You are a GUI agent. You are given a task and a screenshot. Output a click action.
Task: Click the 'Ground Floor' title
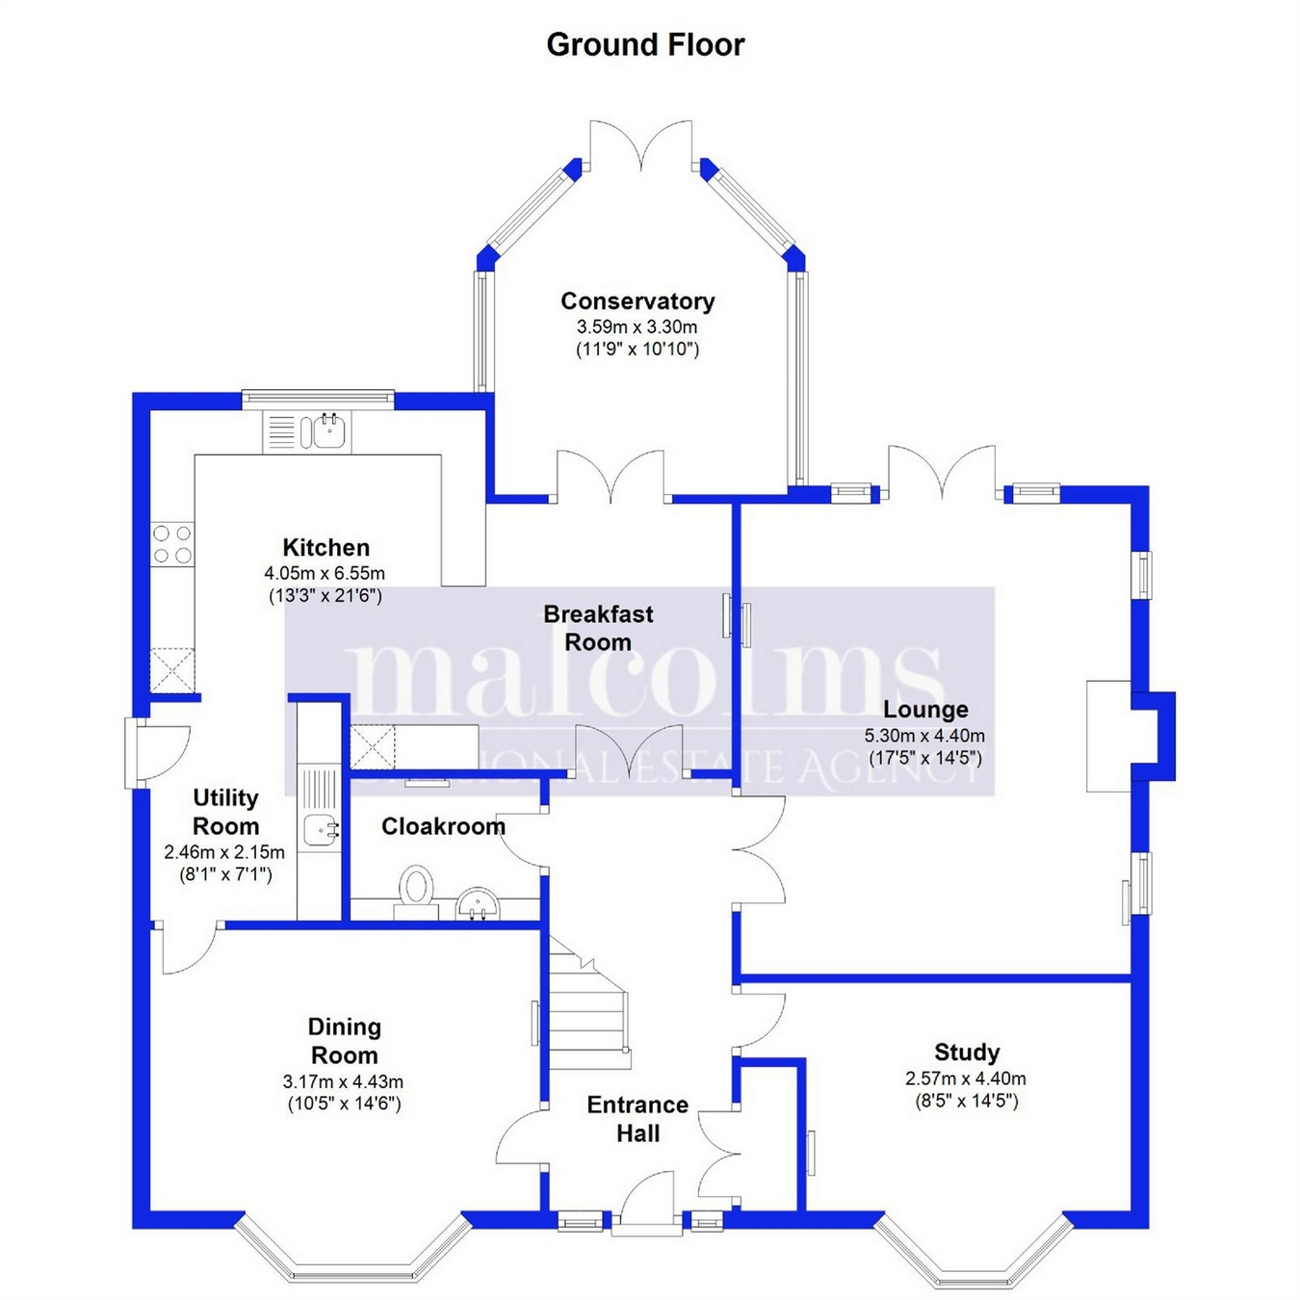(645, 44)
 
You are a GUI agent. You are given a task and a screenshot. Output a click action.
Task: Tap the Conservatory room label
(637, 301)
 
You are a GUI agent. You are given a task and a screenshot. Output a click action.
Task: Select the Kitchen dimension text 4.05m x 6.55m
(325, 573)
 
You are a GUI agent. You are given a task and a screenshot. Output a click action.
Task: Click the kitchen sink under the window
(322, 431)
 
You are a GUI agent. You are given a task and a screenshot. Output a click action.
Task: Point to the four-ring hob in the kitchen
(171, 543)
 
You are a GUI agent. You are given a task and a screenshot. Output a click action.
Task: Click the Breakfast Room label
(598, 628)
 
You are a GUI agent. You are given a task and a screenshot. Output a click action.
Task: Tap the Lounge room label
(925, 710)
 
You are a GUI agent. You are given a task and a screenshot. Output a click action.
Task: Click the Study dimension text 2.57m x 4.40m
(966, 1079)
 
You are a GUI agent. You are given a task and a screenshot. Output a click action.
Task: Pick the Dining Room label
(344, 1041)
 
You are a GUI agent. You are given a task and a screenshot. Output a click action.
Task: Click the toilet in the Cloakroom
(416, 891)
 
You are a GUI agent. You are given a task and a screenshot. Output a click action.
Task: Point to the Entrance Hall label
(637, 1119)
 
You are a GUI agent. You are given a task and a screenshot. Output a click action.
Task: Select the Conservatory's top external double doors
(640, 144)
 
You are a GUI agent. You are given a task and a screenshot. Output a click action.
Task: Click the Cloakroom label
(443, 826)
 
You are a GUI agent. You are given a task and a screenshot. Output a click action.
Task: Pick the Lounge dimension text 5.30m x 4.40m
(924, 736)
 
